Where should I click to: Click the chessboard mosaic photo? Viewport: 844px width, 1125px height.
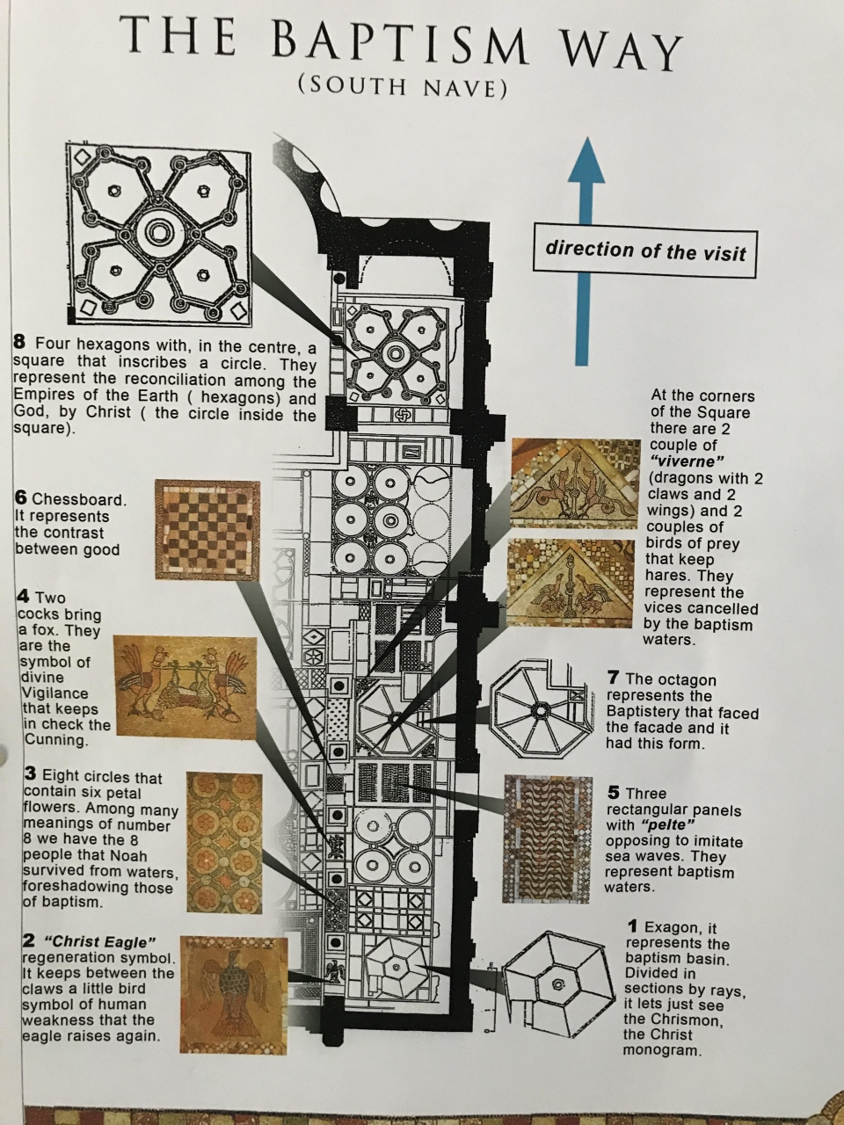pyautogui.click(x=207, y=530)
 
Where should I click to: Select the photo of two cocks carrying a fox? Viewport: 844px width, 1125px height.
pyautogui.click(x=185, y=686)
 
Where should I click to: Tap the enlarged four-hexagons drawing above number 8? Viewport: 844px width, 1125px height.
pyautogui.click(x=158, y=231)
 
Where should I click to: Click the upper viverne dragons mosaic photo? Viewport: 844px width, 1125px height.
pyautogui.click(x=575, y=483)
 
